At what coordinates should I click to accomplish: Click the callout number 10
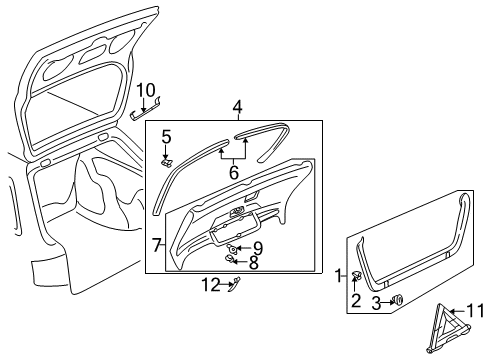pos(146,90)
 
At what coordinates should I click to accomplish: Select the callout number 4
pos(237,107)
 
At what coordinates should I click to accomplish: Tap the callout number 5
pos(166,137)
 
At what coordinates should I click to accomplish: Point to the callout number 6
pos(234,172)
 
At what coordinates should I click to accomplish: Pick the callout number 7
pos(157,245)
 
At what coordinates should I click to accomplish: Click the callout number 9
pos(258,248)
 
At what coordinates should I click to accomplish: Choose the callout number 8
pos(254,262)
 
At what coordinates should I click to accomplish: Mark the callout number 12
pos(211,284)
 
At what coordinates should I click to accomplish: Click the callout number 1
pos(339,276)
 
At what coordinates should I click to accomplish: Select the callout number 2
pos(356,301)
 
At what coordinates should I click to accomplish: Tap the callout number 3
pos(376,303)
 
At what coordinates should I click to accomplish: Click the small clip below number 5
pos(167,163)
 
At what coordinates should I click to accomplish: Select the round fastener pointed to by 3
pos(398,299)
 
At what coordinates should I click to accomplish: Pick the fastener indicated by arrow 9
pos(232,248)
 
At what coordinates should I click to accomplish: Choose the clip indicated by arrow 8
pos(230,258)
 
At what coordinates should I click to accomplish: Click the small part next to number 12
pos(235,283)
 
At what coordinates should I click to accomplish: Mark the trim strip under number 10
pos(145,110)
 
